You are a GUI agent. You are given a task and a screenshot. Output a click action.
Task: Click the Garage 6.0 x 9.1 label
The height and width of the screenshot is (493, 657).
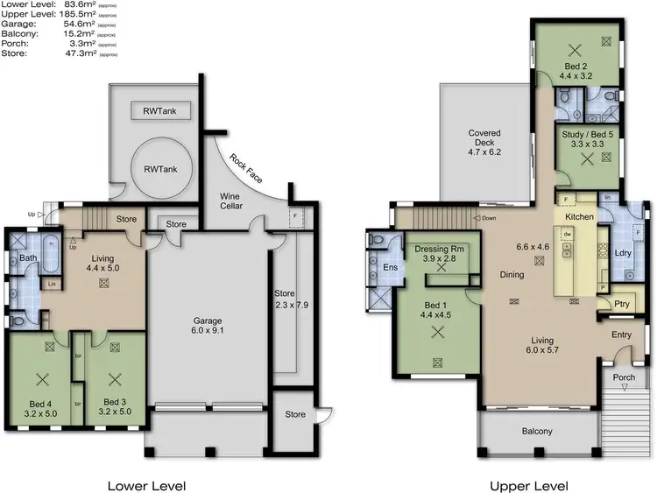point(207,326)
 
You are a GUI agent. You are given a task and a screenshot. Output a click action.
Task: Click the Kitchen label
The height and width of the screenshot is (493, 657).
point(579,216)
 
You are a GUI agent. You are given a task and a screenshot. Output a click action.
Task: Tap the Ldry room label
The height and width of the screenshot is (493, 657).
point(624,254)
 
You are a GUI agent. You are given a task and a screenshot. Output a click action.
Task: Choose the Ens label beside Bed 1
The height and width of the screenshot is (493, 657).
point(389,267)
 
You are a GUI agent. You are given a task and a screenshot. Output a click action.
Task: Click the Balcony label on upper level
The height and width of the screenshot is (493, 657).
point(537,431)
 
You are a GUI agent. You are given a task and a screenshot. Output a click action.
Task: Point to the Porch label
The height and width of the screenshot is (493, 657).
point(625,378)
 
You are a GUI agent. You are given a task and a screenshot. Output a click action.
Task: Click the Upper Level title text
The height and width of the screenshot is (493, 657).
point(528,485)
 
